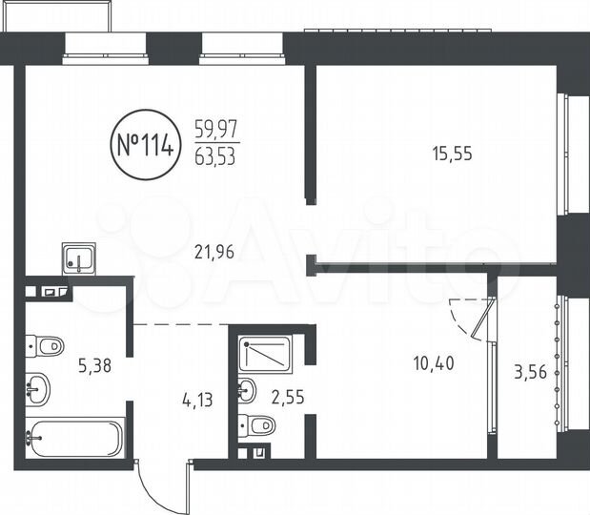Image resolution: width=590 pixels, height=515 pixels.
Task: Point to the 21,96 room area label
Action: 214,253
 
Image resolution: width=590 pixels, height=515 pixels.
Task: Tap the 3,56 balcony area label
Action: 532,374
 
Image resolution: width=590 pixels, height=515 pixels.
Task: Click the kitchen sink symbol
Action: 78,257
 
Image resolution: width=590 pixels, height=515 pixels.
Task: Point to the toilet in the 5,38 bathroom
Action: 43,345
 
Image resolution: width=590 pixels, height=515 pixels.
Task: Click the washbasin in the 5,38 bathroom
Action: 40,387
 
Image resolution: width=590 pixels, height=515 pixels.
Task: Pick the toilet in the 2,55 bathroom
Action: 257,425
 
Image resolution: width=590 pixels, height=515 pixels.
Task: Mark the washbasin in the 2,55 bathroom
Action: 246,389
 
